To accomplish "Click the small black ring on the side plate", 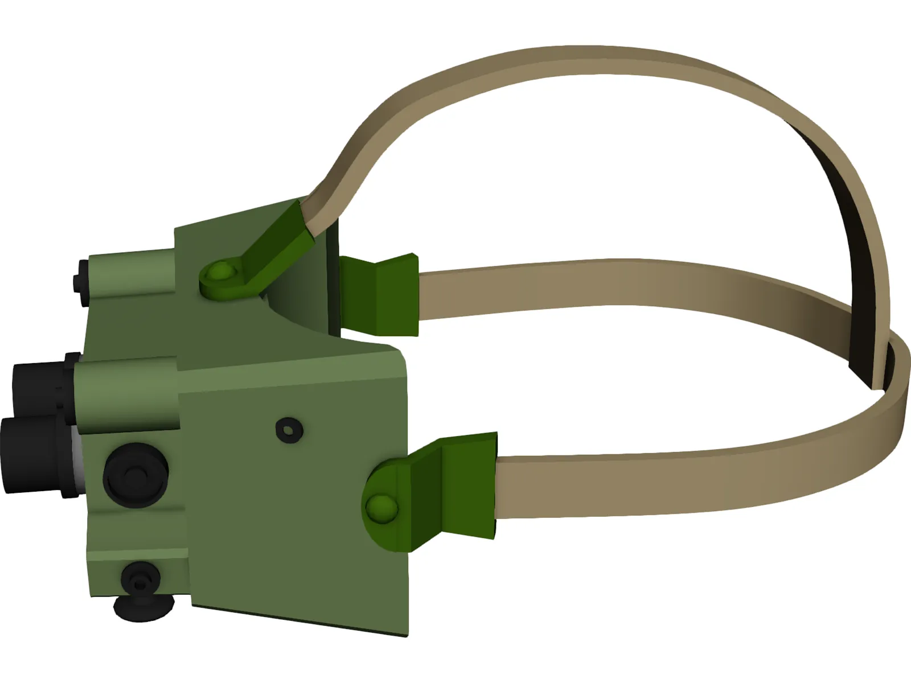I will click(289, 430).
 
